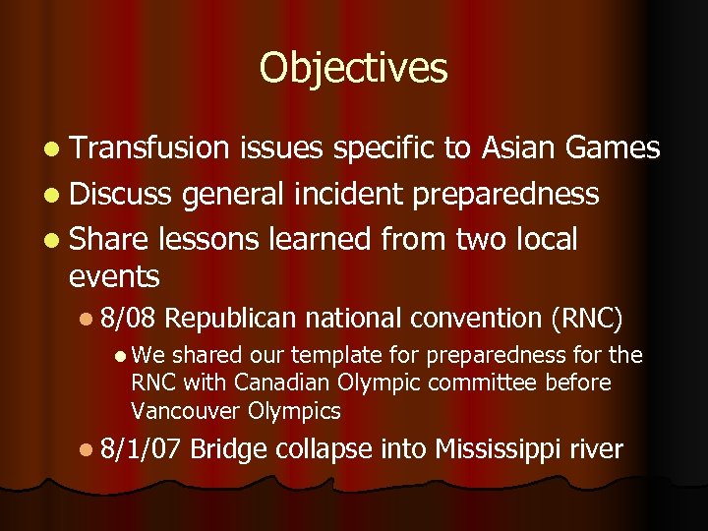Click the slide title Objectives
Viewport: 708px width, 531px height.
pos(353,68)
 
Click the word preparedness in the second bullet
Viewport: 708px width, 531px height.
pos(505,195)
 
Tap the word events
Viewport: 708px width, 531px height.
pos(114,276)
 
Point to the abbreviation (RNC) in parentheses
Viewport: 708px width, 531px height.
pos(586,318)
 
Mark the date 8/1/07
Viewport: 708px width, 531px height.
pos(141,449)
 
